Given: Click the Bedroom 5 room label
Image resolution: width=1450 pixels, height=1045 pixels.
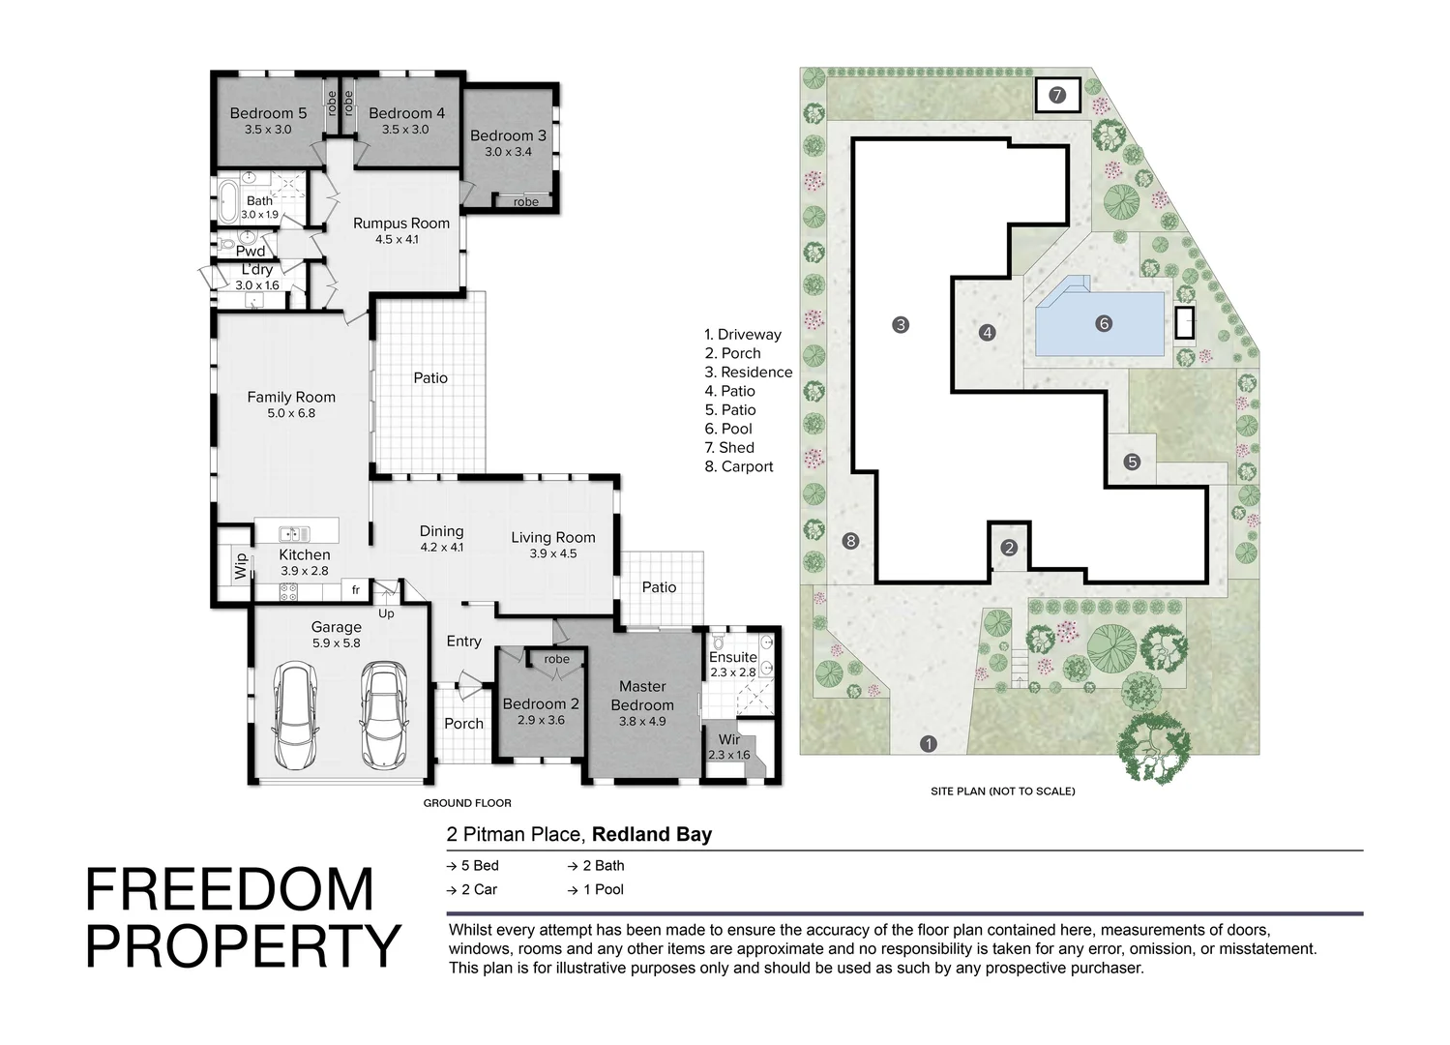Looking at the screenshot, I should point(268,113).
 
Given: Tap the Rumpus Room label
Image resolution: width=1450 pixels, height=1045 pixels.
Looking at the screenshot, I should point(400,224).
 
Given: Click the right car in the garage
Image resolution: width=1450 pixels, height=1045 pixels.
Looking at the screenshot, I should point(384,714).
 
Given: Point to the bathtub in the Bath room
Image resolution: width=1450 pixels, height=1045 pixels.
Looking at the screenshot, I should point(228,200).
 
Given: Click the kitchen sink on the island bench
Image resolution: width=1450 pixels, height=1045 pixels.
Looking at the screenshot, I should point(294,533).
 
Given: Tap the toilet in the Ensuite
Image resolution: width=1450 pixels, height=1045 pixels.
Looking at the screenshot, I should point(719,642).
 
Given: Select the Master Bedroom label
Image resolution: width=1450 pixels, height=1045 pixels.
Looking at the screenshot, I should point(642,696).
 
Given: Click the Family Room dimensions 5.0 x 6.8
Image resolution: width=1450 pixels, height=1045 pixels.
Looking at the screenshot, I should point(291,413).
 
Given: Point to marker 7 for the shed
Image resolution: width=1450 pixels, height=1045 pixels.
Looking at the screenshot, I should point(1056,95).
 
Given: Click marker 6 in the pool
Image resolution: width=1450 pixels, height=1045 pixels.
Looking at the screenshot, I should point(1104,324).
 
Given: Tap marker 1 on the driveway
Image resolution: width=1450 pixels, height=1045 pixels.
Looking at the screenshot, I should point(929,744).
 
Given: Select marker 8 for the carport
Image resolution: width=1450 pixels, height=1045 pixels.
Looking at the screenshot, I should point(850,541).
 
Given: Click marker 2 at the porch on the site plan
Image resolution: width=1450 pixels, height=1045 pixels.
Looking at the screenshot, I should point(1009,549).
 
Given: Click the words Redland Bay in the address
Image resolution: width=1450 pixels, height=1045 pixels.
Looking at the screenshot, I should point(652,834).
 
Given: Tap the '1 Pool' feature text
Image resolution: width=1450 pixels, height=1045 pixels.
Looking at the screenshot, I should point(603,889).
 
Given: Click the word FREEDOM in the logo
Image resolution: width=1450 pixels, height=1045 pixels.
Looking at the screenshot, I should point(229,889).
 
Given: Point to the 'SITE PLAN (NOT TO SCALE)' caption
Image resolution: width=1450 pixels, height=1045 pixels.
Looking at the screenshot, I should point(1002,791).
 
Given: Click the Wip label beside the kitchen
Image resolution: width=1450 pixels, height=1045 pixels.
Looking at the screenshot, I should point(240,566).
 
